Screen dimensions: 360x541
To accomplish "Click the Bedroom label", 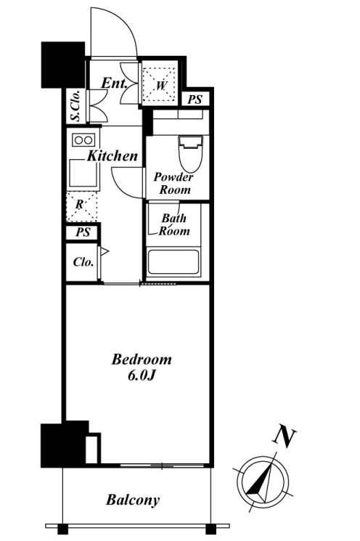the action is click(142, 359).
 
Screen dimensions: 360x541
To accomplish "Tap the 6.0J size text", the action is click(140, 375).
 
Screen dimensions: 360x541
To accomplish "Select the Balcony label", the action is click(133, 500).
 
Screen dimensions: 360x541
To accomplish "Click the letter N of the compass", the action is click(285, 437).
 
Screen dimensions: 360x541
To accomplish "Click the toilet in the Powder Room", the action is click(190, 153).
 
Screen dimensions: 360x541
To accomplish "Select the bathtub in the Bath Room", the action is click(173, 262).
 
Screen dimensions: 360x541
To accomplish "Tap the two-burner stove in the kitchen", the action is click(83, 140).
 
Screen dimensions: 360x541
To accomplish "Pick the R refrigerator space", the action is click(82, 206).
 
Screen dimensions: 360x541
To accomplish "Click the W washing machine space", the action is click(159, 84).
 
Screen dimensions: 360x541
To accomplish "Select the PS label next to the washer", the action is click(195, 99).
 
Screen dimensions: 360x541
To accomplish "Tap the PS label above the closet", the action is click(83, 232).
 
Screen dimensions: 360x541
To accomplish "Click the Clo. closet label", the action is click(83, 262).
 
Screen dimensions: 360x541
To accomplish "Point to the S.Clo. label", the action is click(75, 105).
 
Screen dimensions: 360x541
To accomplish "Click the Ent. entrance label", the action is click(114, 84).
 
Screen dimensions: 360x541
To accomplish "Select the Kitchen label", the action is click(112, 156).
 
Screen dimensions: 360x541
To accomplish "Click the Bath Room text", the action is click(174, 224).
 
